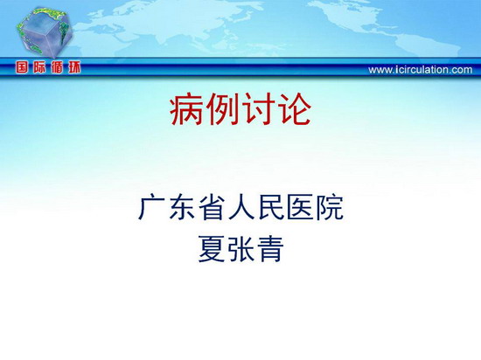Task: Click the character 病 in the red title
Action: [x=186, y=110]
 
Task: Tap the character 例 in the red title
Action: [x=222, y=110]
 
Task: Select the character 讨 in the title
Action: [x=258, y=110]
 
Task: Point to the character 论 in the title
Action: [x=294, y=110]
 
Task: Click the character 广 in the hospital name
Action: [x=151, y=207]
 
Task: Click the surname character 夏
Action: [x=211, y=249]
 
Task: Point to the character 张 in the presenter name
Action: [x=240, y=249]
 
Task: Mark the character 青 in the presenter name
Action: [x=270, y=249]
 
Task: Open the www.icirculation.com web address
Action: [x=421, y=70]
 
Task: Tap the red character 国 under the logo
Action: [x=22, y=67]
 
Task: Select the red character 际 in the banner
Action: [x=39, y=67]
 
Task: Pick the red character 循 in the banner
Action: [x=57, y=67]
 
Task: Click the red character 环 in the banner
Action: [x=74, y=67]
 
